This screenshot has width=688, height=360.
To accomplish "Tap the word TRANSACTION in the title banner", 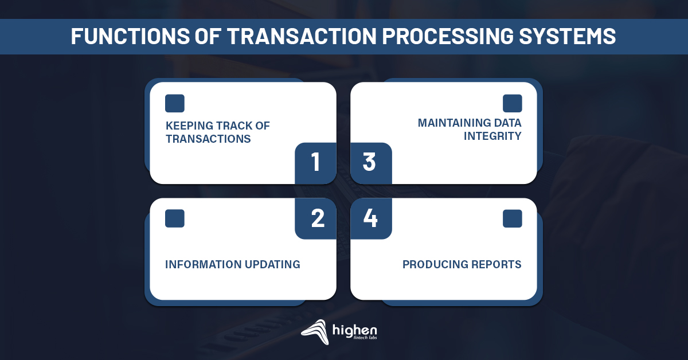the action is pos(302,36).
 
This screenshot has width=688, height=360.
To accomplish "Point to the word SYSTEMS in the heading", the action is pos(567,36).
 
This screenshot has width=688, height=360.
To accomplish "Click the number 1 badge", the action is pos(315,163).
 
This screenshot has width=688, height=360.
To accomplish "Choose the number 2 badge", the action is pos(315,218).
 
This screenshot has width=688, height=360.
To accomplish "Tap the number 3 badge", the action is pos(371,163).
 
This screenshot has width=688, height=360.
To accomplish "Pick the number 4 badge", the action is pos(371,218).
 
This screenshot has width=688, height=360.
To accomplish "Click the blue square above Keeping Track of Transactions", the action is pos(175,103).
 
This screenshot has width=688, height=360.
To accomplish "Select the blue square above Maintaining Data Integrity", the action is pos(513,103).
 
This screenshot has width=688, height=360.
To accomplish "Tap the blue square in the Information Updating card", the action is pos(175,218).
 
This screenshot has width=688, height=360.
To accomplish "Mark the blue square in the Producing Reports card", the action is pos(513,218).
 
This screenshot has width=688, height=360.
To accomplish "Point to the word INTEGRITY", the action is pos(492,136).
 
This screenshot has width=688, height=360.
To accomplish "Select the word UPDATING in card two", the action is pos(272,264).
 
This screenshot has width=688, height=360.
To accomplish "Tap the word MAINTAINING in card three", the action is pos(454,123).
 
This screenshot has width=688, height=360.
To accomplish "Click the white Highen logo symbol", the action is pos(315,332).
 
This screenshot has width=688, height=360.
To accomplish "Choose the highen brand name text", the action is pos(355,331).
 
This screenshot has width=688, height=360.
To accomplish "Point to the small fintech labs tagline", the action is pos(365,338).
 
